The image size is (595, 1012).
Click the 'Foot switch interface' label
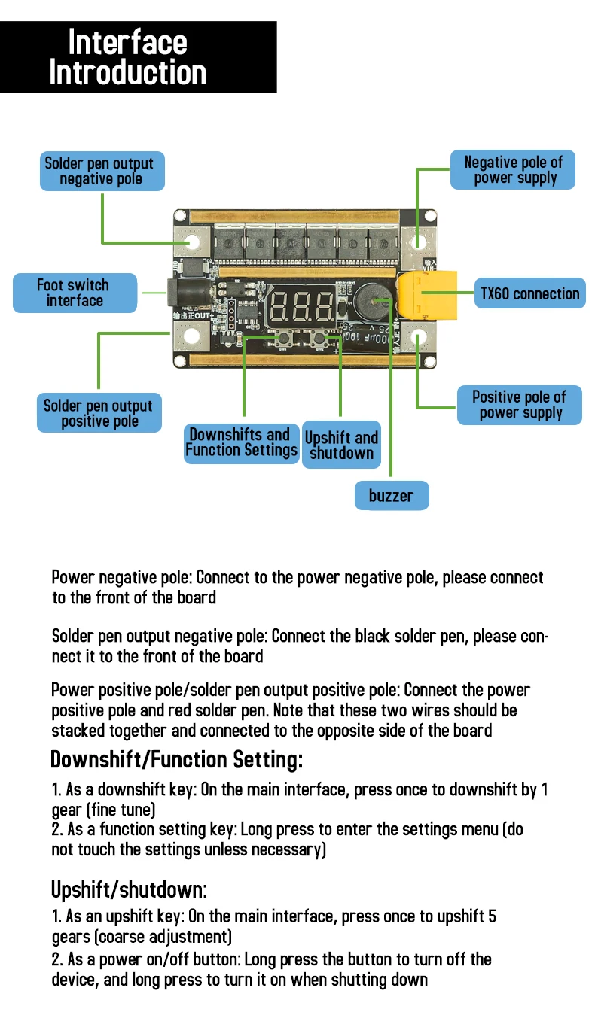[75, 293]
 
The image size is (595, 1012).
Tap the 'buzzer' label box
[391, 496]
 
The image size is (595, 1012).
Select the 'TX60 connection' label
[530, 293]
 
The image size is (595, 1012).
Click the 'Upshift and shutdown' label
[341, 445]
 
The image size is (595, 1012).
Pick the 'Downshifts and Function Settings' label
[241, 442]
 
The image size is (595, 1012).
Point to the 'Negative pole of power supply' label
[513, 170]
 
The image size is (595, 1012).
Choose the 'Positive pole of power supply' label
[519, 405]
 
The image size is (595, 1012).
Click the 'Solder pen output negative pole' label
[101, 171]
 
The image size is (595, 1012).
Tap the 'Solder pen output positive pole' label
[99, 413]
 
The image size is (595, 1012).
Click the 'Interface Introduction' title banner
[138, 57]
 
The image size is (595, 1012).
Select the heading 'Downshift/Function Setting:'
[176, 760]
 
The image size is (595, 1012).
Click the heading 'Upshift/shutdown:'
[129, 890]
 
